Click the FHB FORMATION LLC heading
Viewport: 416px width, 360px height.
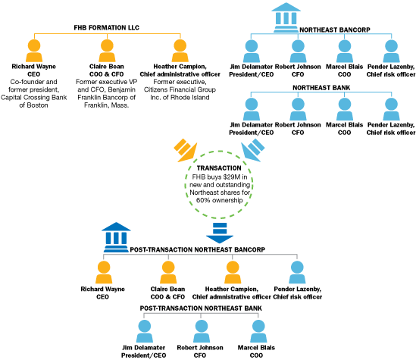pyautogui.click(x=106, y=27)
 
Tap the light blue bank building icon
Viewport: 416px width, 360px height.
pyautogui.click(x=286, y=17)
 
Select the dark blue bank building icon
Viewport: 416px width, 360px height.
pyautogui.click(x=116, y=237)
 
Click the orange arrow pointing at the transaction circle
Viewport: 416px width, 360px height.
pyautogui.click(x=186, y=150)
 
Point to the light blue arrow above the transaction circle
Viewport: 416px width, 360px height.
pyautogui.click(x=253, y=150)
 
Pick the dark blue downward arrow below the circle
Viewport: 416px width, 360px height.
pyautogui.click(x=220, y=233)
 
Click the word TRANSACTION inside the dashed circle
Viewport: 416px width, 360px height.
pyautogui.click(x=219, y=168)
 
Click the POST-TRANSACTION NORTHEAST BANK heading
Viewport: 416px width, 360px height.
pyautogui.click(x=201, y=308)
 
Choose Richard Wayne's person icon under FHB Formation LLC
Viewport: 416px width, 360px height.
pyautogui.click(x=34, y=51)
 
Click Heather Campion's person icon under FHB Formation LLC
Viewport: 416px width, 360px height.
pyautogui.click(x=180, y=51)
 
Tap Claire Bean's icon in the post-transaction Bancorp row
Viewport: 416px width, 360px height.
pyautogui.click(x=168, y=272)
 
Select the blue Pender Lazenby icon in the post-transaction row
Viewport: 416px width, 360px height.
pyautogui.click(x=297, y=272)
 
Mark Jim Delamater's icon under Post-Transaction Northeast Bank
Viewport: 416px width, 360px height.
pyautogui.click(x=144, y=331)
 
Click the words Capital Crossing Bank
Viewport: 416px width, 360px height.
pyautogui.click(x=33, y=97)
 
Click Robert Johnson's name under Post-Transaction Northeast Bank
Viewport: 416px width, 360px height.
pyautogui.click(x=200, y=348)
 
